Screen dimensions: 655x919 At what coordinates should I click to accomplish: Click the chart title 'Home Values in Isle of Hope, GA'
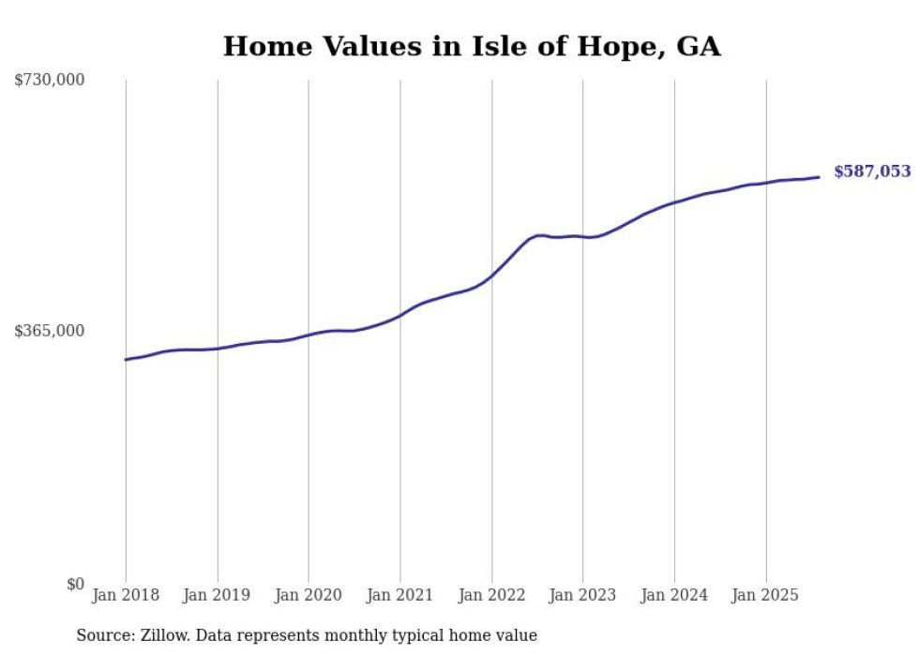click(x=472, y=46)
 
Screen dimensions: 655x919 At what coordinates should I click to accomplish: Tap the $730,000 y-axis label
click(x=50, y=81)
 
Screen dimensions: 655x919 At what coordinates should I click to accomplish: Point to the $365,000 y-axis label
click(x=50, y=331)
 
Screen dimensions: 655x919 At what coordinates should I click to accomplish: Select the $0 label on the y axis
click(x=75, y=584)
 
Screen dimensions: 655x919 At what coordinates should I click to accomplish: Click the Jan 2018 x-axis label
click(x=126, y=595)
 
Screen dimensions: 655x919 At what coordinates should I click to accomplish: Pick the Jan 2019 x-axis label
click(x=218, y=595)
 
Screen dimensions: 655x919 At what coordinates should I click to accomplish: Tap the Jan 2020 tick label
click(x=309, y=595)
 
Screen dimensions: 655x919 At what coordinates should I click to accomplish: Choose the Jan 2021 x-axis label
click(x=400, y=595)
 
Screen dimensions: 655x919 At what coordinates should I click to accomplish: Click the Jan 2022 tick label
click(x=491, y=595)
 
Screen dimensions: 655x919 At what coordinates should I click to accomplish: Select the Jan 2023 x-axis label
click(x=583, y=595)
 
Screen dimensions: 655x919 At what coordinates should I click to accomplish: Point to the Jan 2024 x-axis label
click(x=674, y=595)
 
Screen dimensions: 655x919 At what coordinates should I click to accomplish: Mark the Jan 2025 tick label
click(x=766, y=595)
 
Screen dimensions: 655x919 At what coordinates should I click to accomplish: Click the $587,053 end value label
click(x=872, y=171)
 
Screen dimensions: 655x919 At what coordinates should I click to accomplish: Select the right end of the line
click(x=819, y=177)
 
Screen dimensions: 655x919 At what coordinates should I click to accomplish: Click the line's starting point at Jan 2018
click(x=126, y=359)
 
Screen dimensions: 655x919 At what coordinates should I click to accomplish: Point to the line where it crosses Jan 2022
click(x=491, y=275)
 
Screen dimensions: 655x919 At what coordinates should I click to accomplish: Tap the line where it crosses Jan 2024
click(x=674, y=201)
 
